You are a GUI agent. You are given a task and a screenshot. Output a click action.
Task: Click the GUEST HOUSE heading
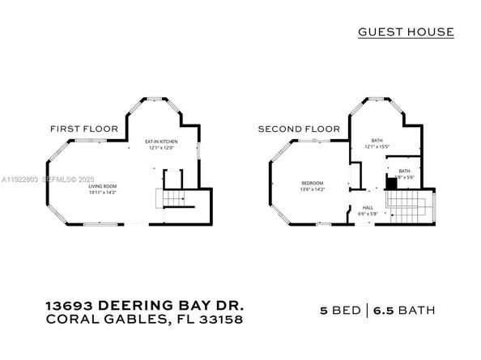406,32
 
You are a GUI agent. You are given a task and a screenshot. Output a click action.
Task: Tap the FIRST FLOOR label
84,129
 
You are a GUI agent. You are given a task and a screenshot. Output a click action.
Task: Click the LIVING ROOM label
103,187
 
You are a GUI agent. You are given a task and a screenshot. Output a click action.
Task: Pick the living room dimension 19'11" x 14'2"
103,193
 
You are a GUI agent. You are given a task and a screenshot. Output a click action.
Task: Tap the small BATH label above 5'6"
404,171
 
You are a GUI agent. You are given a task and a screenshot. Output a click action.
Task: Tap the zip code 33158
219,320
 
